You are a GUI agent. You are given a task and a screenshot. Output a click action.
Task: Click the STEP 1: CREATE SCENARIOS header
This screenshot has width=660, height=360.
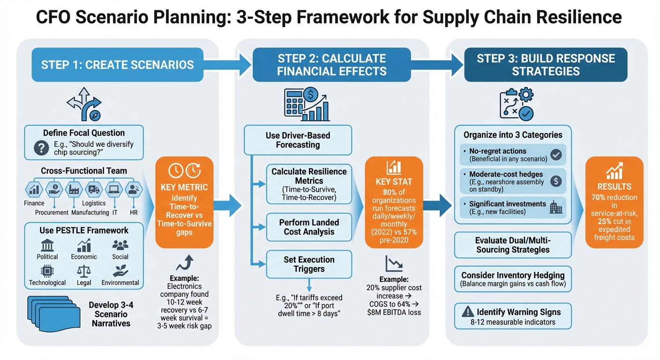(117, 65)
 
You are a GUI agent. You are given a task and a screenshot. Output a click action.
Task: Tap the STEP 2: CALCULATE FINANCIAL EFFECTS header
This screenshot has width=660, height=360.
(331, 65)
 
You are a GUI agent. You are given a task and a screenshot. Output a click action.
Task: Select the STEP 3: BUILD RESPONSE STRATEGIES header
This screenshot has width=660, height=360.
(546, 65)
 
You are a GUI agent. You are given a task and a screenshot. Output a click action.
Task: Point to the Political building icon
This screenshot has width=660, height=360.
(47, 246)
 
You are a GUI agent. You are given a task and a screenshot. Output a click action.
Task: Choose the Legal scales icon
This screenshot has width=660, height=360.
(84, 271)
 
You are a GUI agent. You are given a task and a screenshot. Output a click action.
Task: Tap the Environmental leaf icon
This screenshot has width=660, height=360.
(120, 271)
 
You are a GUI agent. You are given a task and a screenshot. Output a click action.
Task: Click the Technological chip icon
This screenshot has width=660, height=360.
(47, 271)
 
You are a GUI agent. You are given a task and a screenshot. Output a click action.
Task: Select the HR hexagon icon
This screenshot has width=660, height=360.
(134, 189)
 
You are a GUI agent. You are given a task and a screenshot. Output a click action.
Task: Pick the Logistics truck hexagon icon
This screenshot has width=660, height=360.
(94, 189)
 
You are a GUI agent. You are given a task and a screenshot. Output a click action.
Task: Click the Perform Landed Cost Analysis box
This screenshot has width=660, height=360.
(309, 227)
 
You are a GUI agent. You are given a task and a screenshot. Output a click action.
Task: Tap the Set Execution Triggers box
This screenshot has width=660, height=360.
(309, 264)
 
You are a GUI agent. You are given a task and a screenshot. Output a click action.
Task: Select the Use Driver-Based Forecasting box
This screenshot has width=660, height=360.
(298, 140)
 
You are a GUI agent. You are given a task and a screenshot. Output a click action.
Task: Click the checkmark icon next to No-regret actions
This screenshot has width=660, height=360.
(556, 155)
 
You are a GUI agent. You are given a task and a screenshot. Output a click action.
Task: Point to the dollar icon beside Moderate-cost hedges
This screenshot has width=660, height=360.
(556, 181)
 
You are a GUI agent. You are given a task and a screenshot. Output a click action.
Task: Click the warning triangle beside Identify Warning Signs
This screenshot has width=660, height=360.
(468, 312)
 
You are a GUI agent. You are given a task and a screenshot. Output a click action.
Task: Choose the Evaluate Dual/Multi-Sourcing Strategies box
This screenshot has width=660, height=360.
(513, 245)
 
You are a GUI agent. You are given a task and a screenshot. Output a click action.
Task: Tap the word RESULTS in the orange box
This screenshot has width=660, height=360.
(614, 187)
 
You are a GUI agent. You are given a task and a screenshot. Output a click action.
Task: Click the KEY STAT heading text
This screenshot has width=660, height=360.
(394, 181)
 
